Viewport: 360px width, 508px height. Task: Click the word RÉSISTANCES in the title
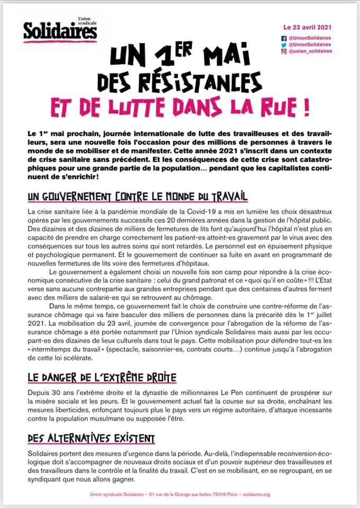(x=205, y=81)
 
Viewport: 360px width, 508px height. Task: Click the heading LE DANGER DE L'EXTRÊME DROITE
(x=101, y=378)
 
